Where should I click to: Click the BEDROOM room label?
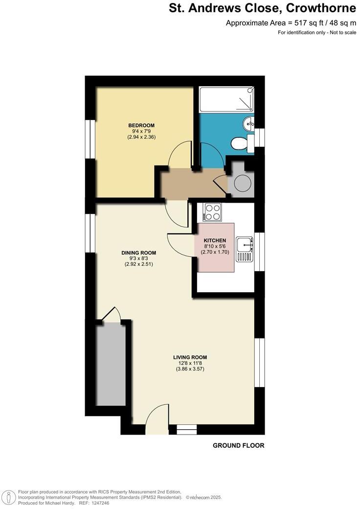point(141,125)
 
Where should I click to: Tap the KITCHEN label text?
point(215,240)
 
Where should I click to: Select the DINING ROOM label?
point(139,253)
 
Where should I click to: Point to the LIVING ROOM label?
point(190,357)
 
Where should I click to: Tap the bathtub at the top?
point(227,100)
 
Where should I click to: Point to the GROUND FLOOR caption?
point(239,445)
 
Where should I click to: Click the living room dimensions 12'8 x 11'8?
point(190,363)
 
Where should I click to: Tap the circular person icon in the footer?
point(8,497)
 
